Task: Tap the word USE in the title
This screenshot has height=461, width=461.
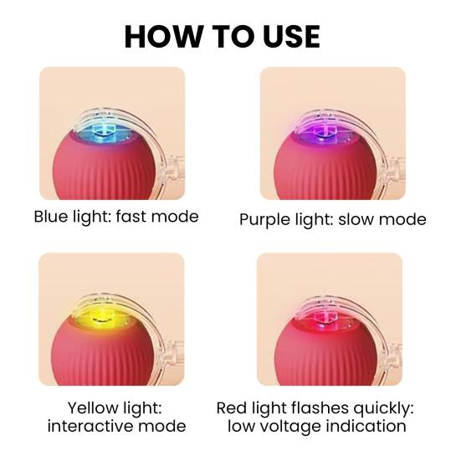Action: click(289, 36)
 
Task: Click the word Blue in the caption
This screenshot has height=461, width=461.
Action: click(52, 217)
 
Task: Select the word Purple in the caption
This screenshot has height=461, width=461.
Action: click(265, 220)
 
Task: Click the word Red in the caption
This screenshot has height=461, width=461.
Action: click(232, 408)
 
